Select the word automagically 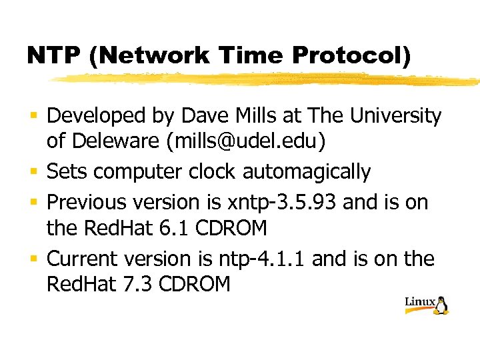coord(306,171)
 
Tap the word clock coord(212,171)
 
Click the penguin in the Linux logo coord(442,305)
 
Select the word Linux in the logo coord(420,302)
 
